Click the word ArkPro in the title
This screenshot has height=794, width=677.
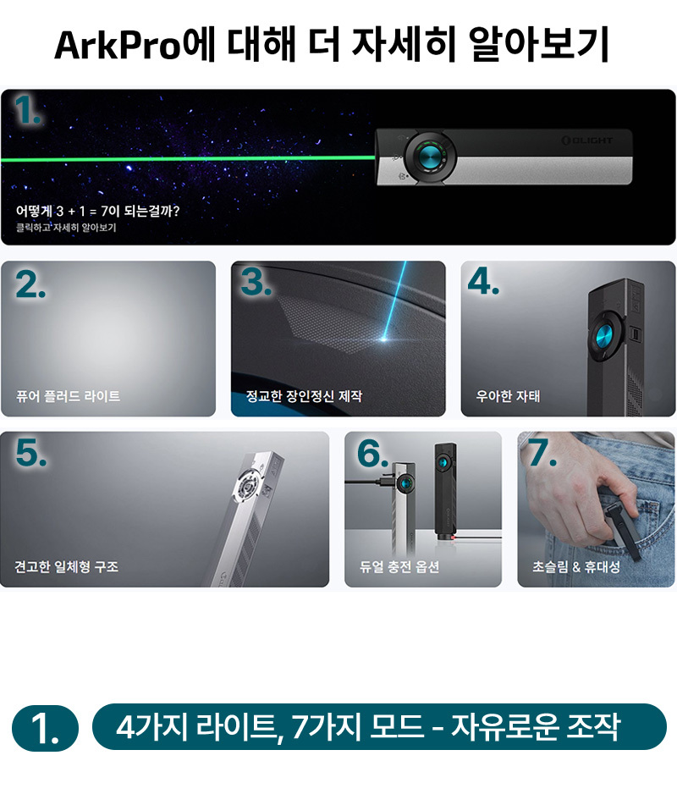118,45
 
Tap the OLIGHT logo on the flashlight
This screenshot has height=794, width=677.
587,140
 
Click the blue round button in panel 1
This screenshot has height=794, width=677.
430,157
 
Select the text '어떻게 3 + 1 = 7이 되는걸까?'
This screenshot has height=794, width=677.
97,211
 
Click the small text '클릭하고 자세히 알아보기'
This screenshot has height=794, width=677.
66,228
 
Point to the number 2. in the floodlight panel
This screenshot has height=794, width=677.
30,284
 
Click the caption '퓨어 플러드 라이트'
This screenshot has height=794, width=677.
69,396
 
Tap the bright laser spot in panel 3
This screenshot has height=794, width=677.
385,338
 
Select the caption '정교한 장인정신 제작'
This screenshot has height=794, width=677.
304,396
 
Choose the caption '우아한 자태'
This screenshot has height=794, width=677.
508,396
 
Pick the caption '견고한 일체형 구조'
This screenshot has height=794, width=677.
66,566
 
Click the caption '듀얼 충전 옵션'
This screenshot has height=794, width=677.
399,566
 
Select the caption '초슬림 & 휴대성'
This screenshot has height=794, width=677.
576,566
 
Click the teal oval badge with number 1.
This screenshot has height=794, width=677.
45,728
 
